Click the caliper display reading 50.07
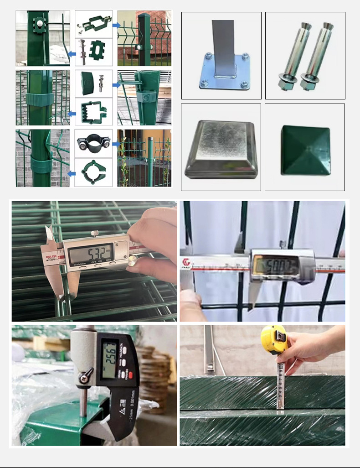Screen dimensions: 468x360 (x=276, y=265)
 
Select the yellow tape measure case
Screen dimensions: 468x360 (x=274, y=339)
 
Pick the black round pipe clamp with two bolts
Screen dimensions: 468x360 (x=93, y=142)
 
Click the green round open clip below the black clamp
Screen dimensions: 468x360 (x=93, y=172)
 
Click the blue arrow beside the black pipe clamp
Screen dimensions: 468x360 (x=116, y=143)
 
